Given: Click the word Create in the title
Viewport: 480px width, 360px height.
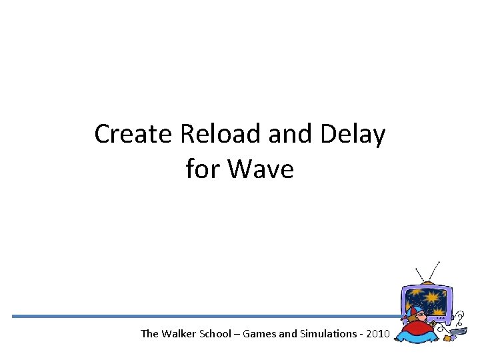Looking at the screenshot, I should click(133, 135).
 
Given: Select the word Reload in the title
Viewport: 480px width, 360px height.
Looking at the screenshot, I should click(221, 135).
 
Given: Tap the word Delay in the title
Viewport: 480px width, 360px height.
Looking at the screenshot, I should click(353, 135).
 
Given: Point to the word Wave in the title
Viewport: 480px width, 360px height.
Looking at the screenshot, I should click(261, 169).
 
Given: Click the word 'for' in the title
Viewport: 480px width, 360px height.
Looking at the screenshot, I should click(203, 169).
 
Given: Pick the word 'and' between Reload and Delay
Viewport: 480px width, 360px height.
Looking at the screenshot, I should click(291, 135).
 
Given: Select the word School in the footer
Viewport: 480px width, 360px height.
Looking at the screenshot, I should click(218, 333).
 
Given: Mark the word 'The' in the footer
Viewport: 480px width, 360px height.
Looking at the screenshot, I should click(150, 333).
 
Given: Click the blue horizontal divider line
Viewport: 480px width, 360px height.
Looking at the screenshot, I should click(200, 316).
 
